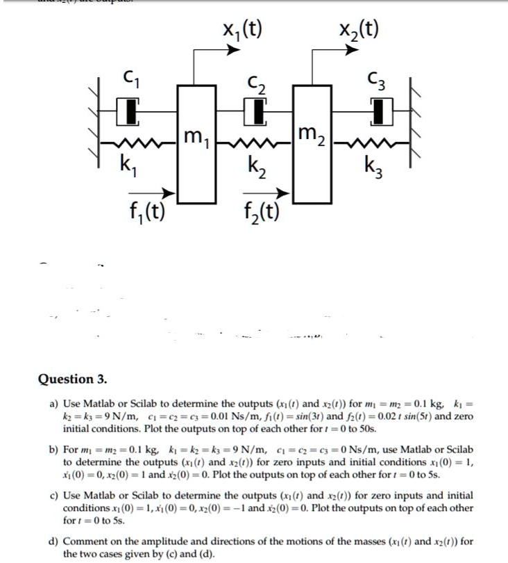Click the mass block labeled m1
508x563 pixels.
pos(196,145)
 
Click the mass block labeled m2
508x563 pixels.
pos(312,145)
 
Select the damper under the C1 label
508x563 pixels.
pos(128,112)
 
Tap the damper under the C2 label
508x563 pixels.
pos(255,112)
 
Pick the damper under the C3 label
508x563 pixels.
pos(382,112)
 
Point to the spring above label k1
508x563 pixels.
pos(138,143)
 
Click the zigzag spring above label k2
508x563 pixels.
pos(255,143)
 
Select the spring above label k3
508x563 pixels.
pos(371,143)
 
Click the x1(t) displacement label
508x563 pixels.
pos(242,30)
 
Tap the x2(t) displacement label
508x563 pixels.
pos(359,30)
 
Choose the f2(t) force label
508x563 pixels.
pos(262,212)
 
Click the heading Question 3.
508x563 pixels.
pos(72,380)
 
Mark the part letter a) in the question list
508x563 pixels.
pos(53,405)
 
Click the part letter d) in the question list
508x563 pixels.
pos(53,541)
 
